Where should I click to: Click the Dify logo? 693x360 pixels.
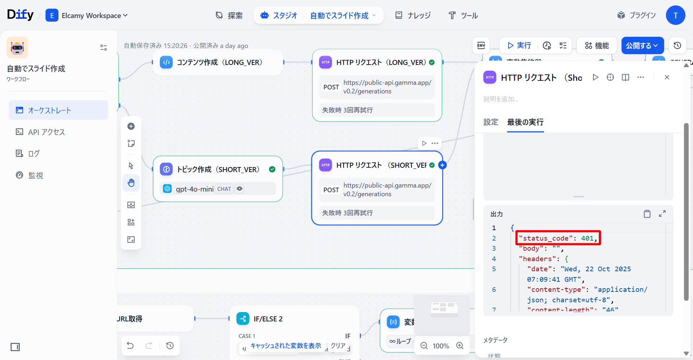coord(20,15)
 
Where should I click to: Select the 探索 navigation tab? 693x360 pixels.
coord(229,16)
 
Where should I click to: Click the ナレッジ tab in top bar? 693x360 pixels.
coord(413,16)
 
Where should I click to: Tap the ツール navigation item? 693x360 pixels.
coord(463,16)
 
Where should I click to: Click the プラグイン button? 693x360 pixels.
coord(636,15)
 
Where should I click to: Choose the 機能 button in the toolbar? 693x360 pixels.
coord(597,45)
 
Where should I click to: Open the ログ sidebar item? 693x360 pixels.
coord(34,154)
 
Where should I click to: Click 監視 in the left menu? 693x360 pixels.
coord(36,175)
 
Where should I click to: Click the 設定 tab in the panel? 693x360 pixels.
coord(491,122)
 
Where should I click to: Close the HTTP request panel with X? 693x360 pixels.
coord(667,77)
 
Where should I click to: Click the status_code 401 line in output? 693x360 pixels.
coord(558,238)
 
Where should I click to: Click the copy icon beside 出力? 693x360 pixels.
coord(647,214)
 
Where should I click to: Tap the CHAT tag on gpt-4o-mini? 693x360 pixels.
coord(224,189)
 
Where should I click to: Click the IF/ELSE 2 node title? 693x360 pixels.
coord(268,319)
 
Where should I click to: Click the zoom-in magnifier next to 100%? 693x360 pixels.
coord(460,346)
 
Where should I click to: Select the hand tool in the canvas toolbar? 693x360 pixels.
coord(131,183)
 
